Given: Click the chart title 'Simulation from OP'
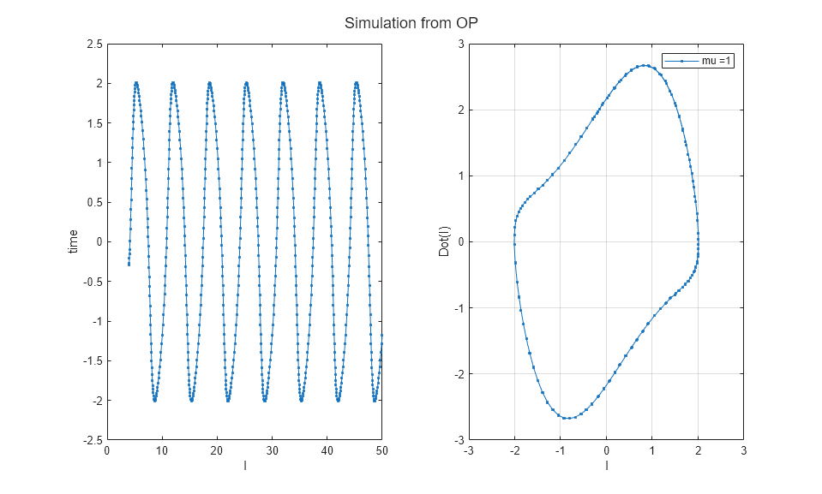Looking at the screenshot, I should (x=411, y=24).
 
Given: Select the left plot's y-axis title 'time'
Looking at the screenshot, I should (x=75, y=241).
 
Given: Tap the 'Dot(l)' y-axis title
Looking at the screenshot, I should (x=445, y=241).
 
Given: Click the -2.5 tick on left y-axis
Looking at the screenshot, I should (x=90, y=440).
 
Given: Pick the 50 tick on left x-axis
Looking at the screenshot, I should (x=382, y=450).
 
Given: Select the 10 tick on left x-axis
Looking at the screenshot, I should (x=162, y=450).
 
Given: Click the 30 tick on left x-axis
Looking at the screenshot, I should (x=273, y=450).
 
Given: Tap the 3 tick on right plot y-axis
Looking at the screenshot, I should (x=459, y=44).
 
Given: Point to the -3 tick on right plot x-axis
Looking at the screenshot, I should (x=468, y=450).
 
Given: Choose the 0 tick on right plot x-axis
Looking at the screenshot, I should (x=606, y=450).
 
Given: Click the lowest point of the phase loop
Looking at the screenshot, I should (x=567, y=418).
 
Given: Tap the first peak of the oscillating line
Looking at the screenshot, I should (x=136, y=83).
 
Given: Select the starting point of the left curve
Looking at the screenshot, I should (x=129, y=265).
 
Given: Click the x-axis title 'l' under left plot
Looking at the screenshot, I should (x=245, y=466).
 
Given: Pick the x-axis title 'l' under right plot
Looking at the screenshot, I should (x=606, y=466).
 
